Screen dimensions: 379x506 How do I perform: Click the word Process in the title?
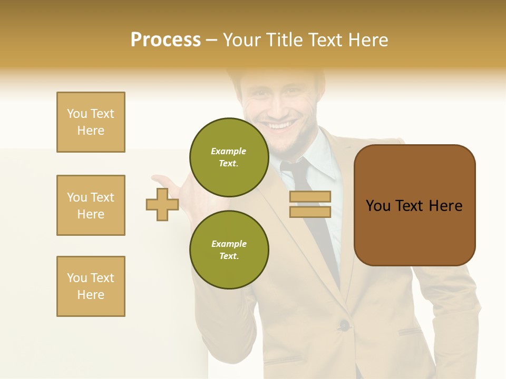click(x=166, y=40)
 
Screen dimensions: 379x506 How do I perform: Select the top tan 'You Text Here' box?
click(x=91, y=122)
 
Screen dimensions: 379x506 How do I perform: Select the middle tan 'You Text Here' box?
click(x=91, y=205)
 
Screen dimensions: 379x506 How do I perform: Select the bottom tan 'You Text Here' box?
click(x=91, y=286)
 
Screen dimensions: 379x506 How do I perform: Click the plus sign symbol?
click(x=162, y=204)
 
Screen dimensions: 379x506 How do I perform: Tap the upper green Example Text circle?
click(x=229, y=157)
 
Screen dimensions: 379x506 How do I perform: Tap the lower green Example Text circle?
click(x=229, y=250)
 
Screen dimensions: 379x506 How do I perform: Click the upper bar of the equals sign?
click(x=310, y=197)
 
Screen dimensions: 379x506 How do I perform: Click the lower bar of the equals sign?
click(x=310, y=212)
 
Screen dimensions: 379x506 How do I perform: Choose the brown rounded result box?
click(x=414, y=205)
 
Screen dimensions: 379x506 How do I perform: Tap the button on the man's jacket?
click(x=344, y=325)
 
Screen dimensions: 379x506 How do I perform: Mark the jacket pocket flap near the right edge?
click(x=410, y=332)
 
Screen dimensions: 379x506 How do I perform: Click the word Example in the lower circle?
click(x=229, y=244)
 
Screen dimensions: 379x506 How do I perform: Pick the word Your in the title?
click(x=242, y=40)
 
